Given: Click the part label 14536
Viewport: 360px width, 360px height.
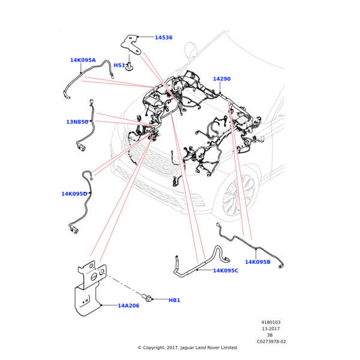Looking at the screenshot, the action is point(163,37).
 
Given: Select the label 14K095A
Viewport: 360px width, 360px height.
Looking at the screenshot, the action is point(83,60).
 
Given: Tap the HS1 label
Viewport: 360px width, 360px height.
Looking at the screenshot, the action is point(119,65).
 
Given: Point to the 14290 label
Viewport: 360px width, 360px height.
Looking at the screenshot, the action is point(222,79).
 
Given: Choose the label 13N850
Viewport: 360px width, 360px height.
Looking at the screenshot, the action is point(77,122).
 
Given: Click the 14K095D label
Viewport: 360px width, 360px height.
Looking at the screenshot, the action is point(74,194).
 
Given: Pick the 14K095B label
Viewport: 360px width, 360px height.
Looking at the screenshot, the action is point(257,262).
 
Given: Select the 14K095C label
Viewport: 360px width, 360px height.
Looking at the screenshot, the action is point(226,271).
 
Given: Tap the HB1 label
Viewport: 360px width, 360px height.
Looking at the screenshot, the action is point(175,300).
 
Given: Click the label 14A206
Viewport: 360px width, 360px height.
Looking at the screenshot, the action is point(128,305).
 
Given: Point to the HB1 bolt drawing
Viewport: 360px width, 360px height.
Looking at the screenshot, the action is point(147,298).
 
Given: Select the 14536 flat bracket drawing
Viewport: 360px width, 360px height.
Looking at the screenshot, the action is point(131,45).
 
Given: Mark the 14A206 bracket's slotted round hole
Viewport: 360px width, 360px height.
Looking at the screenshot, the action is point(94,277).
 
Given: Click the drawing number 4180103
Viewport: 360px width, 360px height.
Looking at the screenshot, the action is point(271,322).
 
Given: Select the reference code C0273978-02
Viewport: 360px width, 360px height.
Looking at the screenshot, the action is point(271,341).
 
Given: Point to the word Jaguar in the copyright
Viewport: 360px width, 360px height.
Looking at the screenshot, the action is point(187,348).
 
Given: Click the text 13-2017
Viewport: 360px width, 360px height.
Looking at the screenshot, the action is point(271,329).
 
